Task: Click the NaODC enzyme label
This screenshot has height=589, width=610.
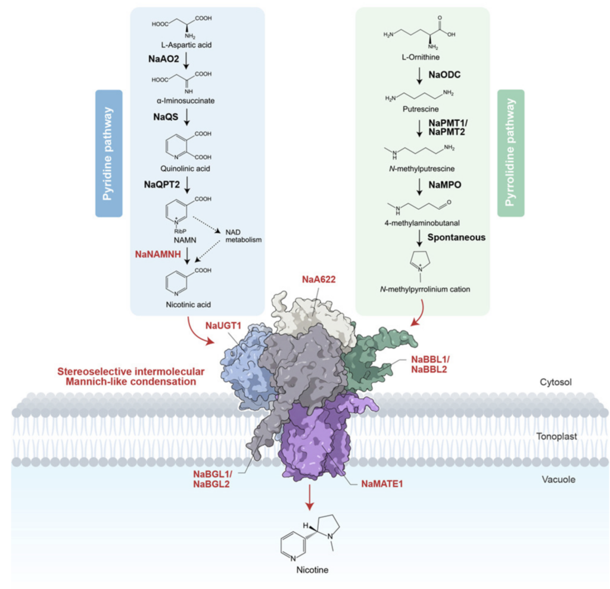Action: [445, 76]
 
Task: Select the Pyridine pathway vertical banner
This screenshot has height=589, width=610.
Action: [108, 153]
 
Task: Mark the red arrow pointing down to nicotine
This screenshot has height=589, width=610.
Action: [308, 497]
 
